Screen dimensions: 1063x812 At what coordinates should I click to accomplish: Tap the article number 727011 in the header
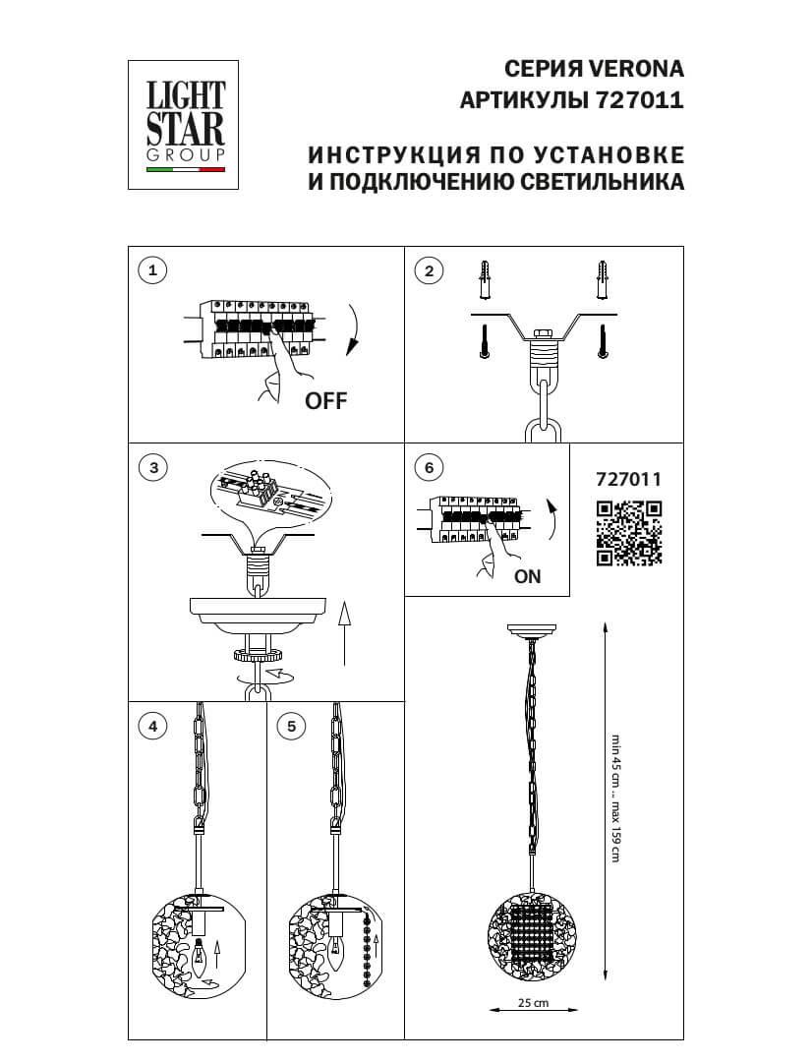pos(638,100)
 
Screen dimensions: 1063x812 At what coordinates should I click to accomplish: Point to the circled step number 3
pos(151,468)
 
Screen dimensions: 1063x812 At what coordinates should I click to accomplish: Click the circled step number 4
pos(151,727)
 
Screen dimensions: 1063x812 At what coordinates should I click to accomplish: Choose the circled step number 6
pos(428,468)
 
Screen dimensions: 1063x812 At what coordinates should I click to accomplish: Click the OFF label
pos(325,400)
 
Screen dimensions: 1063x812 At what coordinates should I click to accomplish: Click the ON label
pos(528,577)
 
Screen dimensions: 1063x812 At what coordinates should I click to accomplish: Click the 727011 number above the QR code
pos(629,480)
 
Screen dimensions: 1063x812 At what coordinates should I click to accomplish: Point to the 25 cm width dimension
pos(532,1003)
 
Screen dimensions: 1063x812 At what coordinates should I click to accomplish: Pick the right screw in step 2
pos(602,341)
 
